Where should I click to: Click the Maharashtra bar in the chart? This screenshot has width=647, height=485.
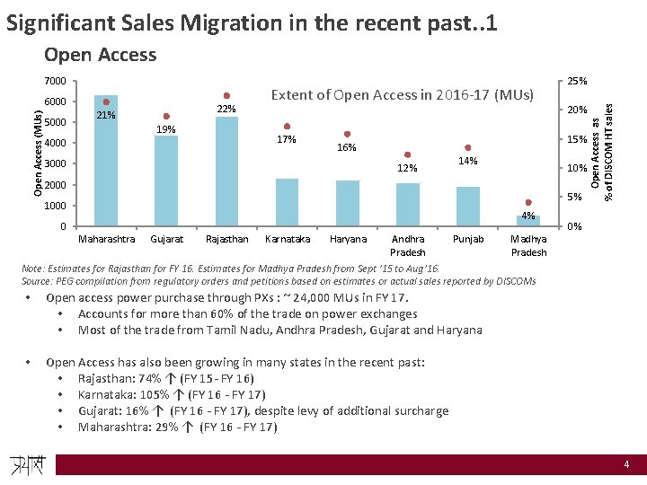[x=106, y=162]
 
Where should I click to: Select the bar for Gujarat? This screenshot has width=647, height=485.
[x=166, y=181]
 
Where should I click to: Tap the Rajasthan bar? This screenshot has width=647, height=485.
[x=226, y=172]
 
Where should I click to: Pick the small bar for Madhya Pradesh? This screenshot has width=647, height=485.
[x=528, y=221]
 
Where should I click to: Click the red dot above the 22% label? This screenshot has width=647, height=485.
[x=226, y=95]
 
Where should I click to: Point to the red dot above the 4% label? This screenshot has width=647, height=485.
[x=529, y=203]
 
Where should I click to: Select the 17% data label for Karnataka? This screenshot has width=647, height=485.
[x=287, y=140]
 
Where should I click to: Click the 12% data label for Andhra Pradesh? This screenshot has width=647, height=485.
[x=408, y=169]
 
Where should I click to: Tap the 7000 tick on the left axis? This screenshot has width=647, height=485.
[x=56, y=82]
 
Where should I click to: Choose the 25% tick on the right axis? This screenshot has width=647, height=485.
[x=575, y=82]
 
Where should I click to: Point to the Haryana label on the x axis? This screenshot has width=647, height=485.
[x=349, y=240]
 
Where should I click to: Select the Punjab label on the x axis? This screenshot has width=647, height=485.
[x=468, y=240]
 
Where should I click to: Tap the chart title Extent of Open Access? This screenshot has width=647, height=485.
[x=402, y=94]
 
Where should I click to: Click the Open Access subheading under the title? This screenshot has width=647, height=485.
[x=100, y=55]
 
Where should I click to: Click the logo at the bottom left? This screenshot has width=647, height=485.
[x=30, y=464]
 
